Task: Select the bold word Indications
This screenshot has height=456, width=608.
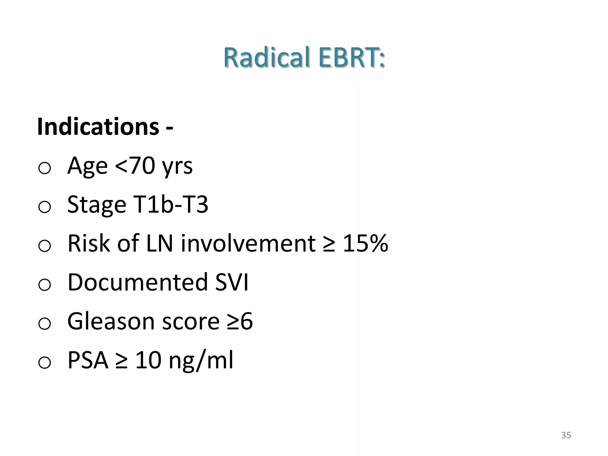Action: coord(98,127)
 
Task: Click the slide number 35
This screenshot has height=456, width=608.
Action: coord(566,435)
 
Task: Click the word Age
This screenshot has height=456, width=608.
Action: coord(87,166)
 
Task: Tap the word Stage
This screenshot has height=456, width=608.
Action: coord(97,205)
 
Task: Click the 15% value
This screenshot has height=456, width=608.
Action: coord(365,243)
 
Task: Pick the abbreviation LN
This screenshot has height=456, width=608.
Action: coord(159,243)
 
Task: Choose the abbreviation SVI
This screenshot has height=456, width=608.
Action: coord(232,282)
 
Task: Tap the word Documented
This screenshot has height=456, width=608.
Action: coord(137,282)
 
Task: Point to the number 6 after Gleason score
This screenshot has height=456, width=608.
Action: coord(246,321)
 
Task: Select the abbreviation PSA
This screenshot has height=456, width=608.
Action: coord(88,360)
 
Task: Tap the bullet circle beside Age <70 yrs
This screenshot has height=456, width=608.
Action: coord(45,168)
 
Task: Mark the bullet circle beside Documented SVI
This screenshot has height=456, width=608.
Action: coord(45,285)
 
